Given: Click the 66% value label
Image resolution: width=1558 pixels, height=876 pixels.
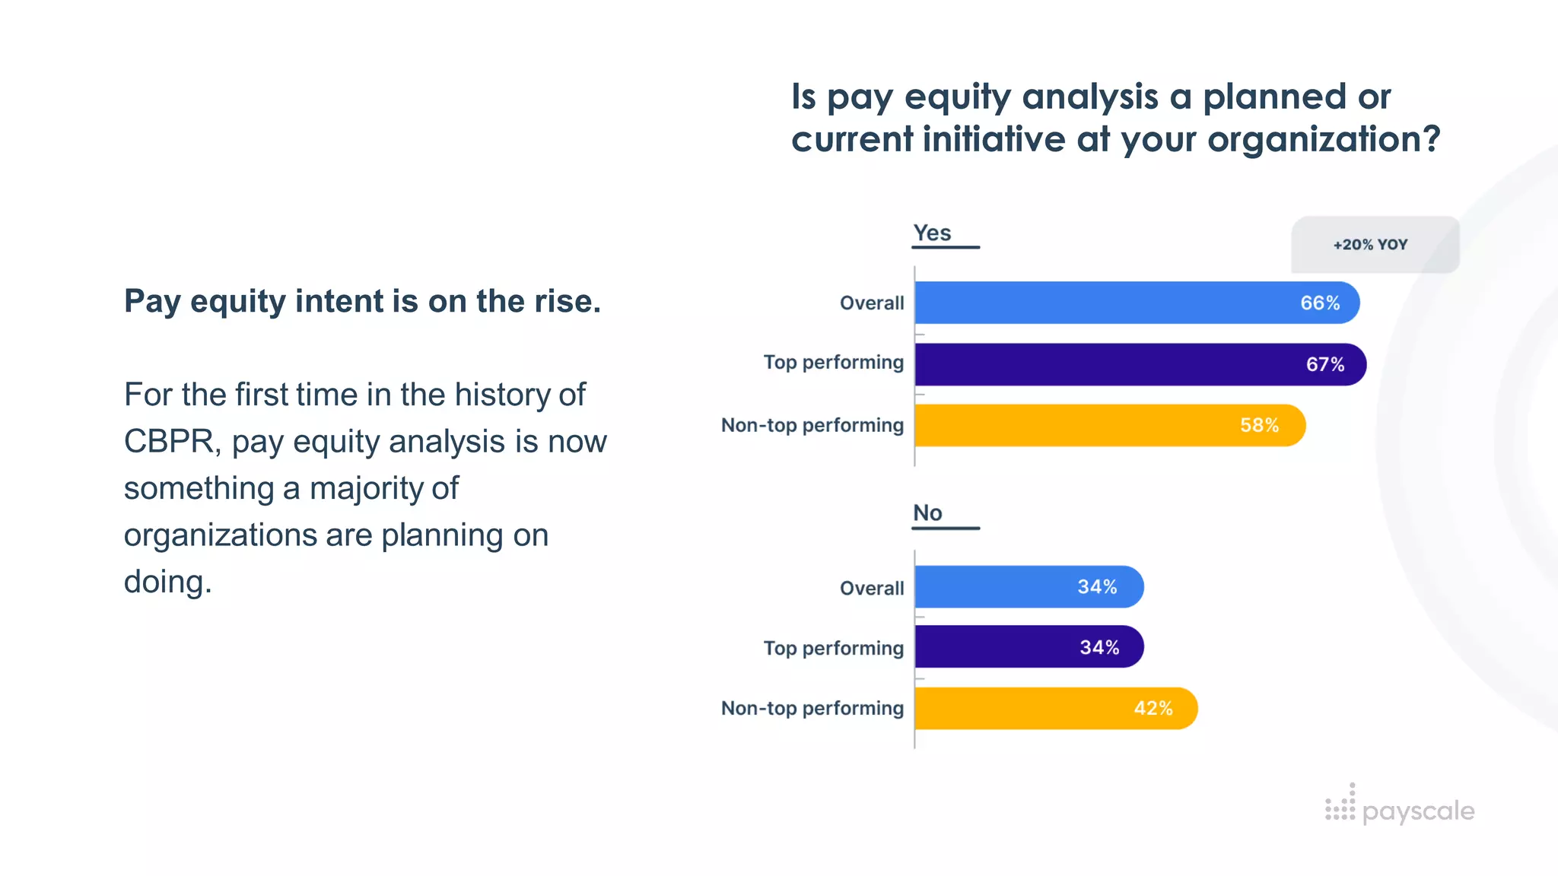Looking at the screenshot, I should (1319, 303).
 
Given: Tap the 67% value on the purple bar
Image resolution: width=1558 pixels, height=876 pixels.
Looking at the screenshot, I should (1324, 364).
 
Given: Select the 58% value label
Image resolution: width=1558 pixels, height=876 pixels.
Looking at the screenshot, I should (1259, 425).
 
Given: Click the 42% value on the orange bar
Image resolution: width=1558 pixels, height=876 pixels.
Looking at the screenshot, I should (1153, 708).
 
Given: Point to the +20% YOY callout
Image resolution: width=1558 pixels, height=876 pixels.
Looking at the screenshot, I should (1370, 245).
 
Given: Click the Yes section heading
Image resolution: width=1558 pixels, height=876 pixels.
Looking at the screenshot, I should (932, 233).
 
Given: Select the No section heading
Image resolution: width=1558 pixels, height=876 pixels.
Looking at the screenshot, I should (927, 513).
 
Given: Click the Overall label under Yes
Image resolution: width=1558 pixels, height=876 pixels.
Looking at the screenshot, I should (871, 303).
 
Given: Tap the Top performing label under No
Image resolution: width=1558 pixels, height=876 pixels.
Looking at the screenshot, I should (833, 648).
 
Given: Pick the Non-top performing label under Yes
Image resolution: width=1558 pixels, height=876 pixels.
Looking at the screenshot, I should (812, 425).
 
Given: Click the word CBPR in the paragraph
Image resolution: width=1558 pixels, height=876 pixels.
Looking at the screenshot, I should (168, 442).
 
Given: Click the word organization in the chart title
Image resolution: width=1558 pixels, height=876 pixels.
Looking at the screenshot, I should (1323, 139).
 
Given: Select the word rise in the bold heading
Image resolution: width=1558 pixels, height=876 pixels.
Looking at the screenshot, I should (564, 301).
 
